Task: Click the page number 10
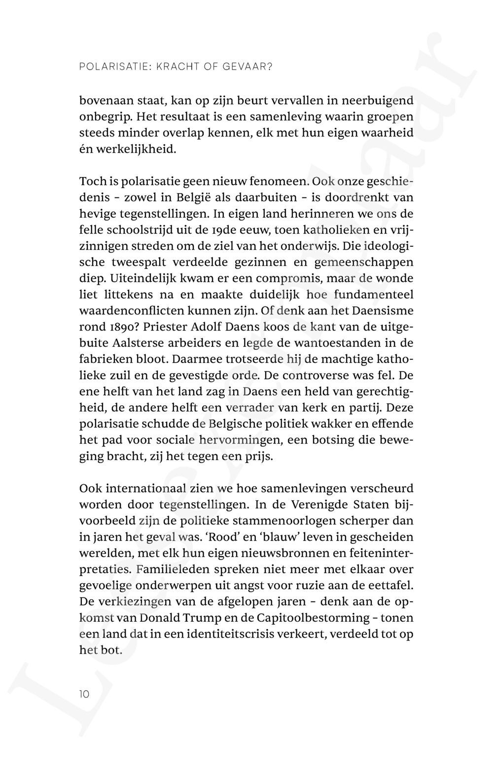[x=84, y=694]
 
